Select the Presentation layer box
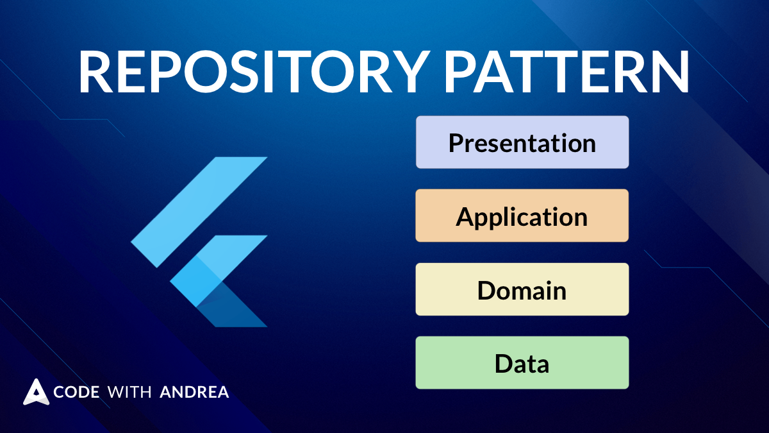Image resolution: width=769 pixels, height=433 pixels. [x=522, y=142]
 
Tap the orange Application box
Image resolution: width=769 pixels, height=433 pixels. [x=522, y=216]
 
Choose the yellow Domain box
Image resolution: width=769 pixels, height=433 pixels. [x=522, y=290]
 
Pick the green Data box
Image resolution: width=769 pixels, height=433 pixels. [x=522, y=363]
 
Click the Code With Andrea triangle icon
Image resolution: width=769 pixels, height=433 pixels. [x=37, y=392]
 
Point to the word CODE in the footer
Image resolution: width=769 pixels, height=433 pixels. [x=76, y=392]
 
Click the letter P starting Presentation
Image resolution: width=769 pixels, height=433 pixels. [x=456, y=142]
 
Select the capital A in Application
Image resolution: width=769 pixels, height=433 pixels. [x=465, y=216]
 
